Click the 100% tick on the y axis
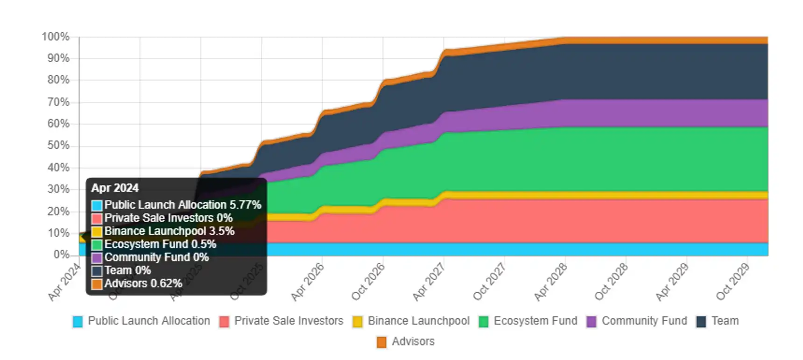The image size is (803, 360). [x=56, y=36]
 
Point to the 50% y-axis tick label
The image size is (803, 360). [x=58, y=145]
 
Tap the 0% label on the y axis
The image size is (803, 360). [x=61, y=254]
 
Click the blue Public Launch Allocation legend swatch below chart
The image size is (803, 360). [x=78, y=321]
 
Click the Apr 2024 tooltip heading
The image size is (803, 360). [x=115, y=188]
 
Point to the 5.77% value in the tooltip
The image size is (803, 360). [x=245, y=205]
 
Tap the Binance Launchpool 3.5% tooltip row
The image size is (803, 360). [x=169, y=231]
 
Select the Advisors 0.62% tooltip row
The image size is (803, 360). [x=143, y=283]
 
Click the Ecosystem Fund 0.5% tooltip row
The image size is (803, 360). [x=160, y=244]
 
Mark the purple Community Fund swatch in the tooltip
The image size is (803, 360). [x=97, y=258]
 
